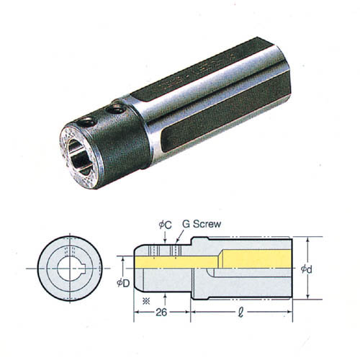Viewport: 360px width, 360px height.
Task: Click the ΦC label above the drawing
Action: [166, 225]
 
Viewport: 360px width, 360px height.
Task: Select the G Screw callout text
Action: [202, 224]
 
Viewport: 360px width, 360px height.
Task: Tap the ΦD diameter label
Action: [123, 283]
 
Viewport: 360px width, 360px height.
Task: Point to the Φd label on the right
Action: [307, 269]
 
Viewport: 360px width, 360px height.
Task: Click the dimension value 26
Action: [161, 312]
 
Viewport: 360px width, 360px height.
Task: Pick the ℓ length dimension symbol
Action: [240, 312]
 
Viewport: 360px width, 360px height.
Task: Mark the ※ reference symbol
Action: [146, 301]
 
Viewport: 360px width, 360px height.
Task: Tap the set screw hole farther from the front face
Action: [116, 109]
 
